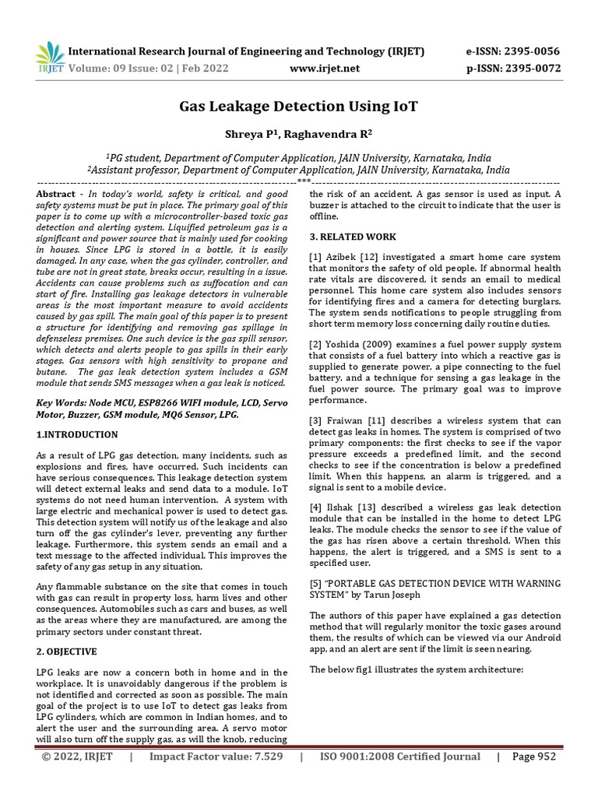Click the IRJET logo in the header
[x=50, y=58]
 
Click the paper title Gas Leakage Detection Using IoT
[x=299, y=105]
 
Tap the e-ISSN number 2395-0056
[x=532, y=51]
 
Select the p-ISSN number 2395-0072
[x=532, y=68]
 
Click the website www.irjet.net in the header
[x=325, y=68]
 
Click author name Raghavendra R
[x=330, y=133]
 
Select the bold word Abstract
[x=57, y=193]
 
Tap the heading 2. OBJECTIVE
[x=67, y=651]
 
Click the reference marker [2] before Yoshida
[x=315, y=345]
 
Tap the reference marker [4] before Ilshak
[x=315, y=507]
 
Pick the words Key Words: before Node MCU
[x=64, y=404]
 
